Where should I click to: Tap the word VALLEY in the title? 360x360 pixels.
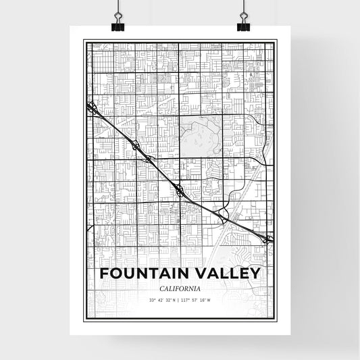click(222, 274)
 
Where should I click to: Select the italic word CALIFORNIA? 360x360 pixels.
click(180, 288)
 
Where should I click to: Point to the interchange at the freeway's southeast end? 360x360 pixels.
click(268, 238)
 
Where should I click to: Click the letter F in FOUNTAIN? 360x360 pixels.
click(103, 274)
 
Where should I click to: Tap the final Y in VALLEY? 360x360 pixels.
click(255, 274)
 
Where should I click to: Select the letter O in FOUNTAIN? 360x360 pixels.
click(115, 274)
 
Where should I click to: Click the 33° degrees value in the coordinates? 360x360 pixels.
click(152, 300)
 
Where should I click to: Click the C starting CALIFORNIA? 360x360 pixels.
click(163, 288)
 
